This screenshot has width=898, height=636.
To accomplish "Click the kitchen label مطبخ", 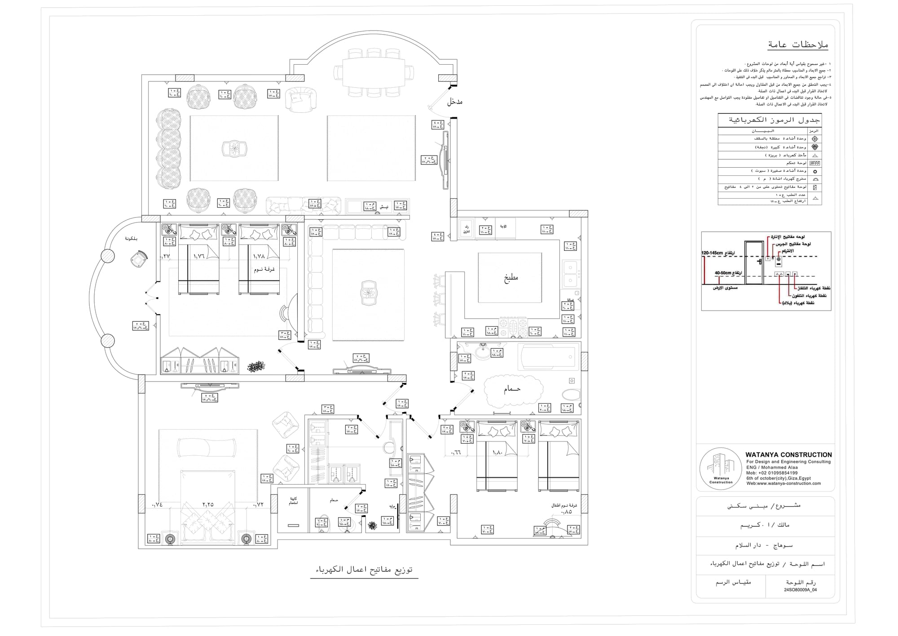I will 511,277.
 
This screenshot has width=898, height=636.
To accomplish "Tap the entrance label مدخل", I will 454,102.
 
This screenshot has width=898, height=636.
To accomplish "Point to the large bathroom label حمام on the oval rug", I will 512,389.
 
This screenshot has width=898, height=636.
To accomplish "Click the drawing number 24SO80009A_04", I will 800,590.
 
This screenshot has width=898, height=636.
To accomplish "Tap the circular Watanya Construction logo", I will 721,469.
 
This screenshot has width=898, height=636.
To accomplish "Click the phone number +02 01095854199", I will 772,473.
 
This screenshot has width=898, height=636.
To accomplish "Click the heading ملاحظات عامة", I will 798,45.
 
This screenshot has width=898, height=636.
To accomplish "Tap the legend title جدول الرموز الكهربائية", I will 775,120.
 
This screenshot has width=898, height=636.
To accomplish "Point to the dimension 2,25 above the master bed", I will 208,505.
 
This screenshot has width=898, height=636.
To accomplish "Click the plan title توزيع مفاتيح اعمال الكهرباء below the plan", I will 364,569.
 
